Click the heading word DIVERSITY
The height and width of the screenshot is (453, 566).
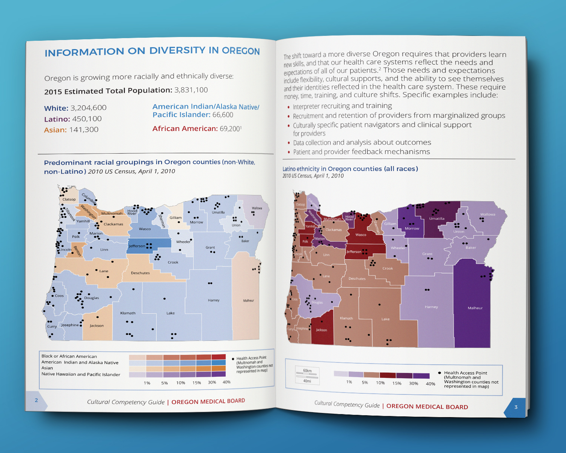(177, 51)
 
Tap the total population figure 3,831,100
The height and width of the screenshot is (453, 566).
(191, 90)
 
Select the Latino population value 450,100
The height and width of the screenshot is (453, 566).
(87, 119)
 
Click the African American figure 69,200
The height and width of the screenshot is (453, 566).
(230, 129)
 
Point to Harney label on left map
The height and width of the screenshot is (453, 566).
(214, 300)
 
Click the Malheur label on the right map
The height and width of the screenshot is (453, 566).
(475, 308)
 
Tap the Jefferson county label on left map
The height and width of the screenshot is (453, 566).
(137, 246)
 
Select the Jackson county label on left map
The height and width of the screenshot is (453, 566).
(97, 326)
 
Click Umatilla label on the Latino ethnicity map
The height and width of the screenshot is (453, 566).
(437, 219)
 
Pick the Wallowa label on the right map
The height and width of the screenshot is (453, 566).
(488, 214)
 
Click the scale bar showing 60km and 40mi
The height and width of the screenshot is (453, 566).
(307, 376)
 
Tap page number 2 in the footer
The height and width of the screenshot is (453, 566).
(36, 400)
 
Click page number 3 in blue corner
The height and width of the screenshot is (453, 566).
(516, 407)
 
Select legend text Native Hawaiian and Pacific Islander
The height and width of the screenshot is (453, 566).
(81, 374)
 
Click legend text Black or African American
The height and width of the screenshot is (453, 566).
(69, 356)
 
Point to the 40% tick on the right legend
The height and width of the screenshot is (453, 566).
(430, 384)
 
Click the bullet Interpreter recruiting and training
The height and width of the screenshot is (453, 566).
(342, 106)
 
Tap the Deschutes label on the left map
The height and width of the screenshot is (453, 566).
(140, 273)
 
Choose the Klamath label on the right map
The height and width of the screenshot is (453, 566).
(346, 318)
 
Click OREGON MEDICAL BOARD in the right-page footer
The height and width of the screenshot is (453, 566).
(427, 407)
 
